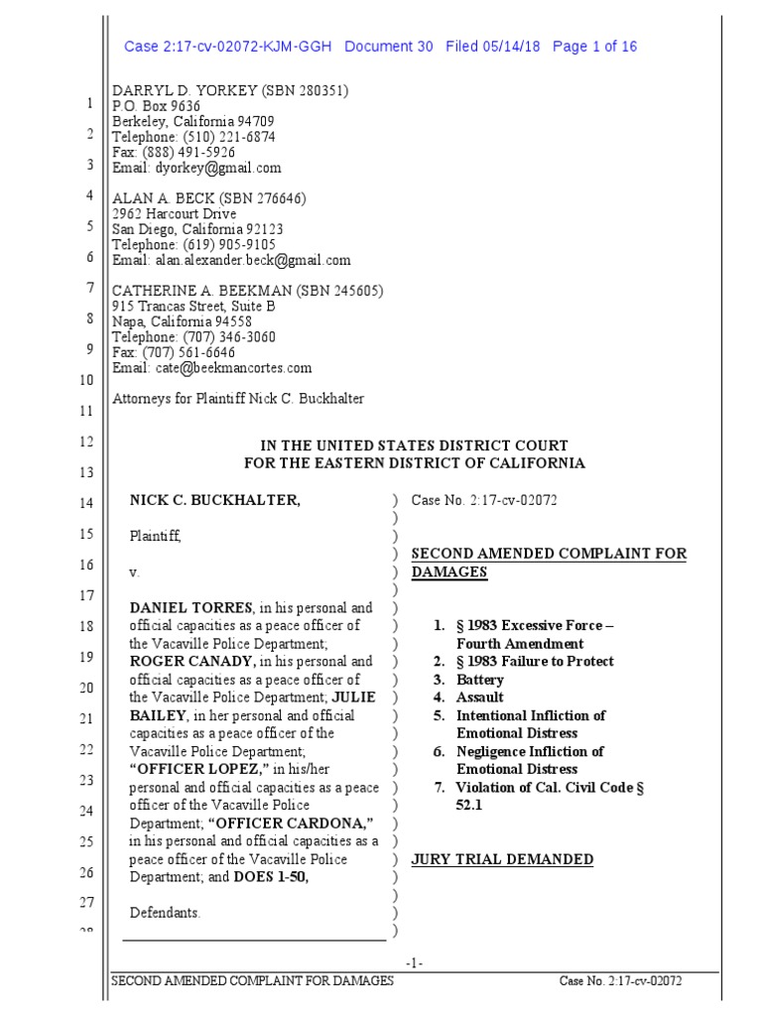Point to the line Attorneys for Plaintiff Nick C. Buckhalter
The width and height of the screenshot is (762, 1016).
pyautogui.click(x=238, y=399)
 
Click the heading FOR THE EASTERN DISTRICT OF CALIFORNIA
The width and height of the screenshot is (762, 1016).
pyautogui.click(x=415, y=463)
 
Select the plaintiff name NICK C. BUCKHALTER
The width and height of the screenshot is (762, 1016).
pyautogui.click(x=214, y=501)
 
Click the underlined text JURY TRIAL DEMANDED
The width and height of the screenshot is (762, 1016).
pyautogui.click(x=502, y=859)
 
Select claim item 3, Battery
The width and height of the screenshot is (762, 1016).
pyautogui.click(x=479, y=680)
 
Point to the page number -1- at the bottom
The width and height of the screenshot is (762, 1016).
pyautogui.click(x=415, y=963)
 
